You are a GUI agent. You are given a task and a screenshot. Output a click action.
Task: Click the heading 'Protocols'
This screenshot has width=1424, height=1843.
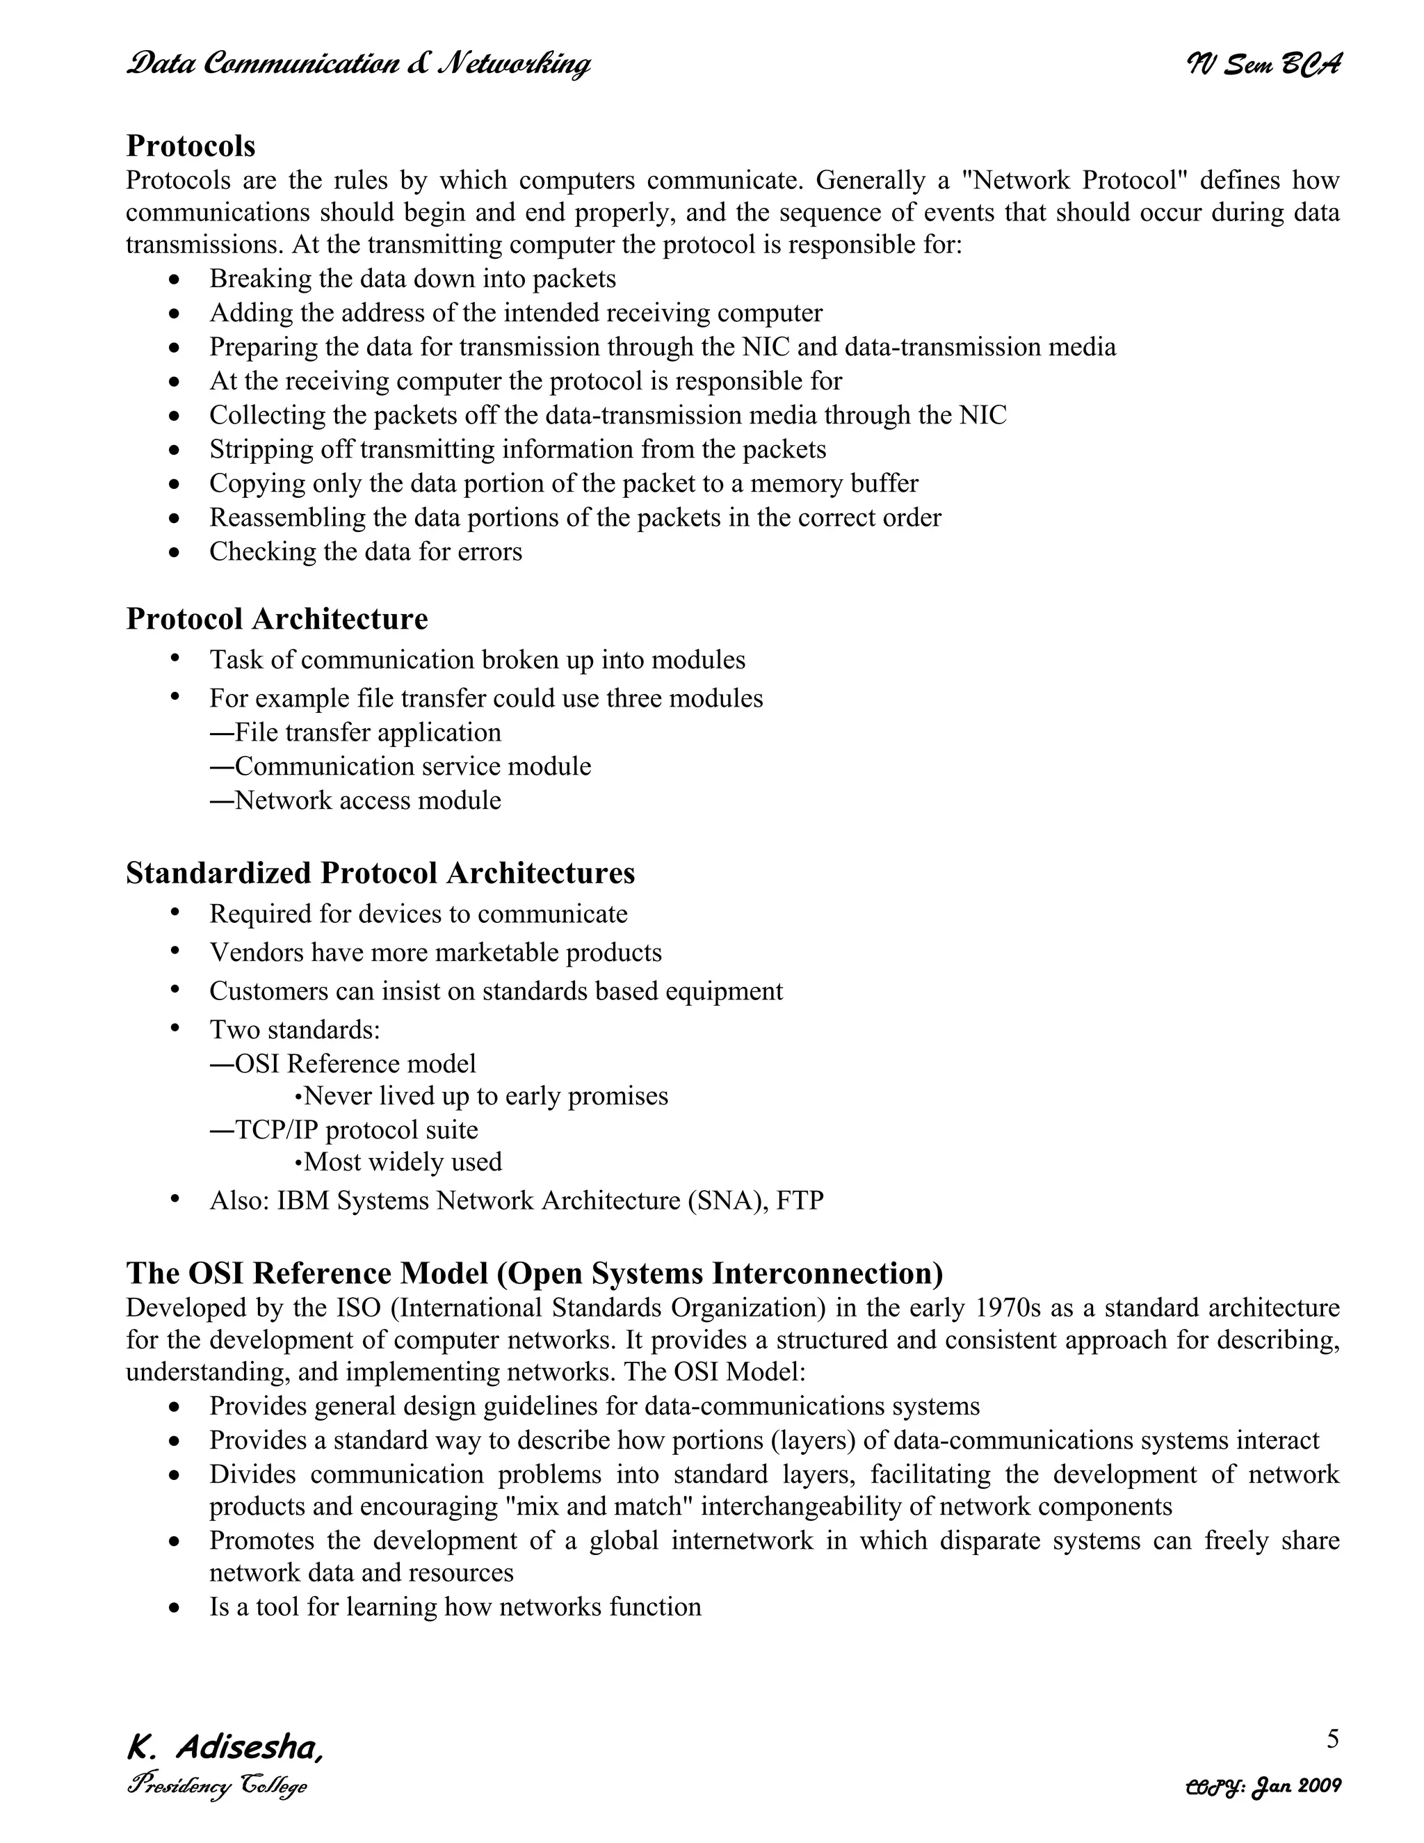pyautogui.click(x=191, y=146)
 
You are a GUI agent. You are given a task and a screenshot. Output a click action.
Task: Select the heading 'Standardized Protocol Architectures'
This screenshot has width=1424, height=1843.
pyautogui.click(x=380, y=873)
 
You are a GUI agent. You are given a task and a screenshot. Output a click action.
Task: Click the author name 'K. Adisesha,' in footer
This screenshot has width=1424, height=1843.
pyautogui.click(x=225, y=1748)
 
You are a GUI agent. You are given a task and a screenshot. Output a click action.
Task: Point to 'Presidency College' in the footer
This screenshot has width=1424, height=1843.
pyautogui.click(x=217, y=1787)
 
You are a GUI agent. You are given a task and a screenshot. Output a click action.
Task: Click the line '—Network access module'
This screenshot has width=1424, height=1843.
pyautogui.click(x=355, y=800)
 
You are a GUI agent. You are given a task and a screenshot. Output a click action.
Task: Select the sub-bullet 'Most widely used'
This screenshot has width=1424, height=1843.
pyautogui.click(x=398, y=1162)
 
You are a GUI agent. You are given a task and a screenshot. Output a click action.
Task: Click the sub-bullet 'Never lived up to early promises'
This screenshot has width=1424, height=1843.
pyautogui.click(x=481, y=1096)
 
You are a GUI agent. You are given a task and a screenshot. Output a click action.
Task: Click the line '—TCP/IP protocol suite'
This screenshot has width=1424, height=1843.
pyautogui.click(x=343, y=1130)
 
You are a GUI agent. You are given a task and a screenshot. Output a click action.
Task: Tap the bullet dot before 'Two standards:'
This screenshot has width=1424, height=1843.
pyautogui.click(x=175, y=1028)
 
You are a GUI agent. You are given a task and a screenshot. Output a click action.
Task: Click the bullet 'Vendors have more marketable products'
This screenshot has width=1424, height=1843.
pyautogui.click(x=435, y=953)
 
